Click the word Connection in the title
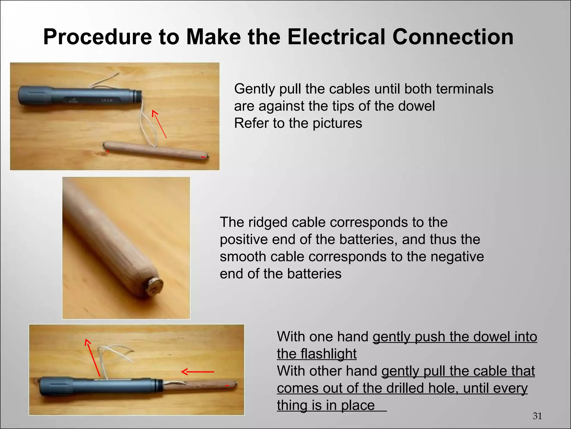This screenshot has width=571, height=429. pos(453,37)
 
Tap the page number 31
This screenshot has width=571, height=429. pos(537,416)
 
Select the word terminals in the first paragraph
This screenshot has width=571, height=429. pos(464,89)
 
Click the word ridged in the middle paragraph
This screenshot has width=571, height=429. pos(267,223)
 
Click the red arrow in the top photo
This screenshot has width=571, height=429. pos(159,124)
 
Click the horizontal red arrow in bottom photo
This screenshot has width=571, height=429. pos(198,372)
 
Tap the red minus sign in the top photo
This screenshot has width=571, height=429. pos(203,158)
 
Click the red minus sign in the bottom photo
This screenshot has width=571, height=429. pos(227,386)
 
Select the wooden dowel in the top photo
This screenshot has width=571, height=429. pos(156,151)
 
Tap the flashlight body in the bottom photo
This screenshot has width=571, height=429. pos(98,387)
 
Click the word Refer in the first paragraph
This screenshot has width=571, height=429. pos(251,123)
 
